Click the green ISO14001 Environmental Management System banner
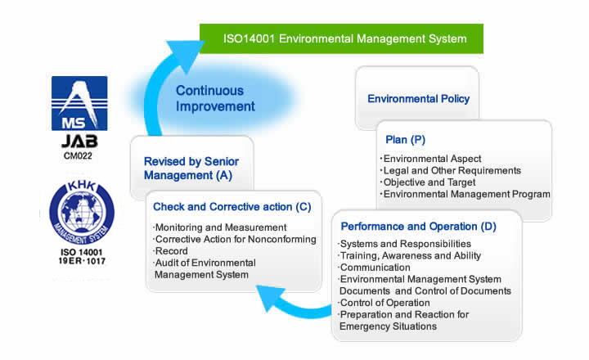341,38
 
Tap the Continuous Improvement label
215,98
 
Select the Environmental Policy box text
419,99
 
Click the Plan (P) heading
405,140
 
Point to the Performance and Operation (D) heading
419,227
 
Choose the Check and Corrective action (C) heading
232,207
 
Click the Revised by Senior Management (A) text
191,169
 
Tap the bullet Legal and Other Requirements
451,171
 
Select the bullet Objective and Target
428,182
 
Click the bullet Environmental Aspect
430,159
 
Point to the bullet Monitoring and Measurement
220,227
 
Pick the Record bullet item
170,251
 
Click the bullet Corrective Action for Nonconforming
235,240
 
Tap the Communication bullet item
374,268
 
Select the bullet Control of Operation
384,303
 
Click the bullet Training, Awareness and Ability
409,256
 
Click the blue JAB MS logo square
79,103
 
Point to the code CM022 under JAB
79,156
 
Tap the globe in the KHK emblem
82,211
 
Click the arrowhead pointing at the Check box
270,296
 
